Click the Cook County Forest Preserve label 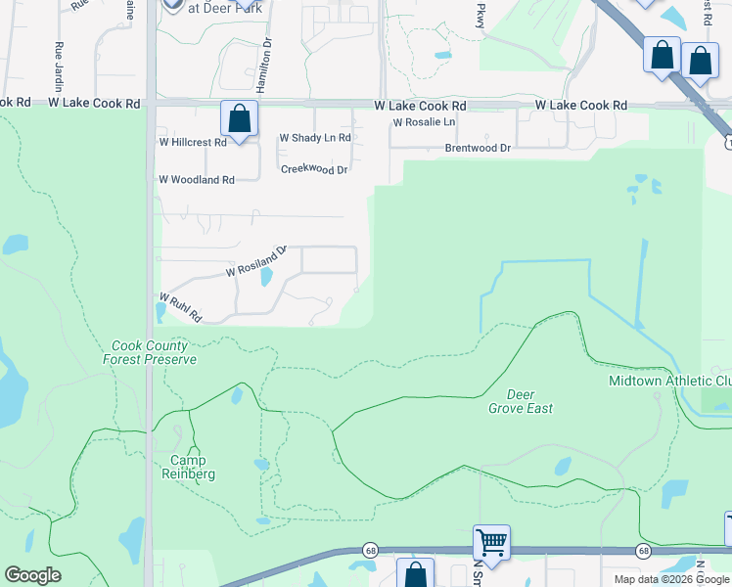pos(150,352)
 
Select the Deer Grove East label pos(521,401)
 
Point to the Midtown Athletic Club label pos(669,381)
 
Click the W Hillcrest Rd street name pos(193,142)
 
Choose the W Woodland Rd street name pos(197,180)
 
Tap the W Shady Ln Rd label pos(315,138)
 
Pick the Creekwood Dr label pos(314,169)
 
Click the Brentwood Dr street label pos(478,149)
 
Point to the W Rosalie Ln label pos(424,122)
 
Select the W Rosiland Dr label pos(255,261)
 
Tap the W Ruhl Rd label pos(180,308)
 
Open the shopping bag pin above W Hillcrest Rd pos(239,120)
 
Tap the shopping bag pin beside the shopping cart pos(415,574)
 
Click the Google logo pos(32,575)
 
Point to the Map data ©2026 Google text pos(671,579)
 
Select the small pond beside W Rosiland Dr pos(265,277)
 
